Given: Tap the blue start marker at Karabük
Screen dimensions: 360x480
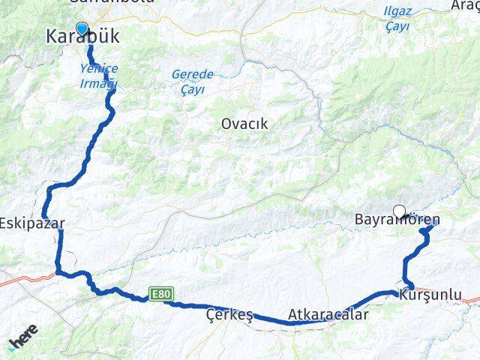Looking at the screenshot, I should click(x=82, y=28).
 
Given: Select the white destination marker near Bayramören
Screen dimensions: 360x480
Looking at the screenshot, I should click(x=399, y=211).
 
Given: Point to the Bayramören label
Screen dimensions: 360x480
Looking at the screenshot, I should click(x=396, y=220).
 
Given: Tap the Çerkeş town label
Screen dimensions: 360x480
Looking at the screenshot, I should click(x=229, y=316).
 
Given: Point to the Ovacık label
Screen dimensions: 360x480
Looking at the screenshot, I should click(x=244, y=124).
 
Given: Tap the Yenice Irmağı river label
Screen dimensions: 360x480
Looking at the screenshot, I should click(x=100, y=75).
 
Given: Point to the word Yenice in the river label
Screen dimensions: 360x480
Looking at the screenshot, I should click(x=100, y=68).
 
